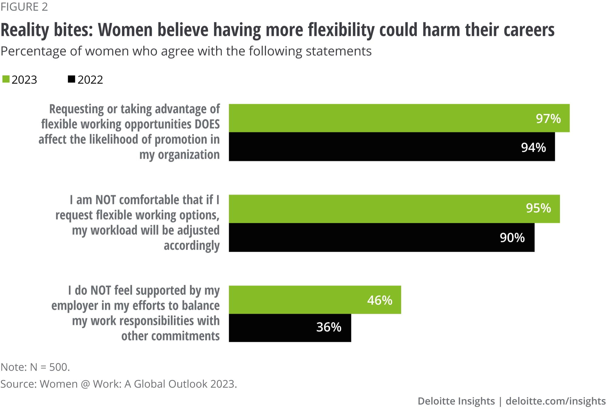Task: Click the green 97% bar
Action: [399, 118]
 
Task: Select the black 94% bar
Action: [392, 147]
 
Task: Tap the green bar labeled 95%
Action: [394, 209]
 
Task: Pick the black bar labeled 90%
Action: [381, 237]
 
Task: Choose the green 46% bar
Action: [315, 300]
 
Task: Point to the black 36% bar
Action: [290, 328]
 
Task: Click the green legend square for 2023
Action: [6, 79]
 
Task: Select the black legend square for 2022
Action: [71, 79]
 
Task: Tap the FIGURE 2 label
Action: [24, 7]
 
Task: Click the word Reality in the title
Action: [25, 30]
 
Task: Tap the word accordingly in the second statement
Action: [192, 246]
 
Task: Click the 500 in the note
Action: [59, 367]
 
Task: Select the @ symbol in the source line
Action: [85, 384]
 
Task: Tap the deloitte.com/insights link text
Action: [555, 401]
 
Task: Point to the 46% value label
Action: [379, 300]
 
